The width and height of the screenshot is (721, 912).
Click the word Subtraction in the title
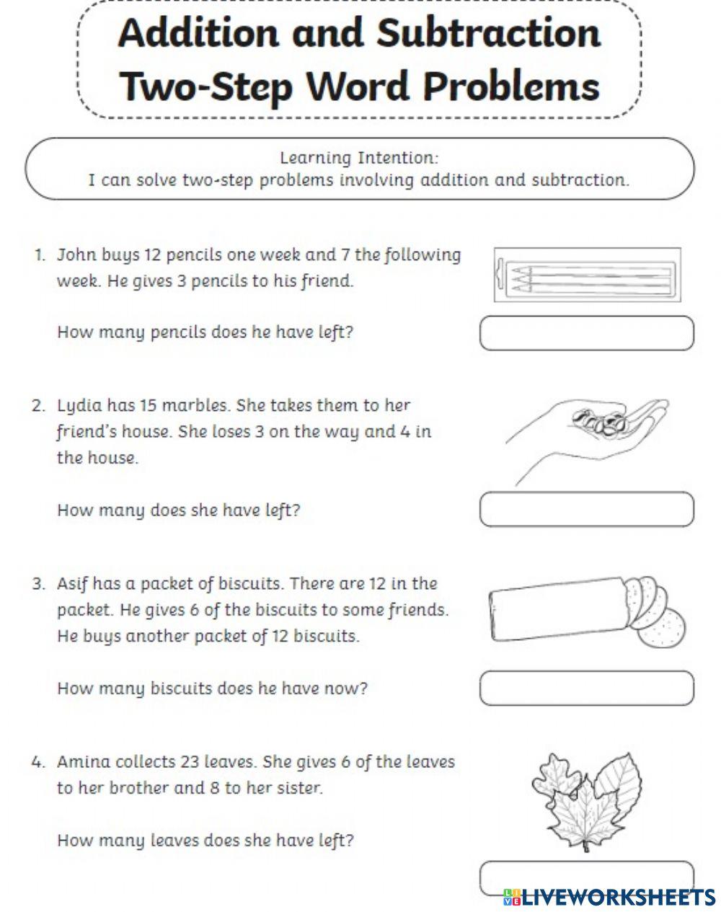pos(489,33)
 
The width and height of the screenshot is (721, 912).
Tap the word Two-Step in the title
pos(205,87)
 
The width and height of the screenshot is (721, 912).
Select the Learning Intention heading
pos(358,157)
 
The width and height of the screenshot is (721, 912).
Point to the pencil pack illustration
pos(587,275)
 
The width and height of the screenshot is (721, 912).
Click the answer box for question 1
pos(586,333)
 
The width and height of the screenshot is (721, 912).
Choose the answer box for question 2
pos(586,510)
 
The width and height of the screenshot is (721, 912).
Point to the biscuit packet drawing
pos(585,610)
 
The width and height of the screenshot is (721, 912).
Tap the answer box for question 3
pos(586,688)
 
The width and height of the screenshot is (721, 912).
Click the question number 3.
pos(38,584)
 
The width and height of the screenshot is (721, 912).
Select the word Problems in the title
pos(510,87)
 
